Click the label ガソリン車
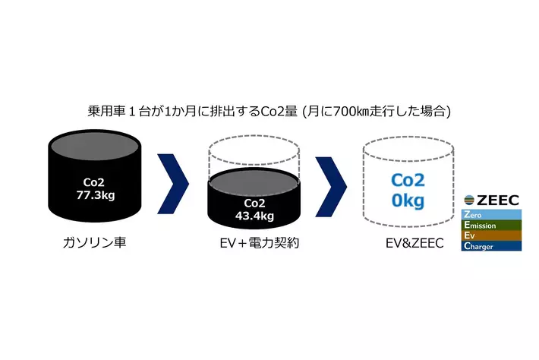95,245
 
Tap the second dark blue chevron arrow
331,184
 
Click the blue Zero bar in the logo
491,215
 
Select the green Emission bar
491,226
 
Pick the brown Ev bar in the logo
491,235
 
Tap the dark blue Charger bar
491,246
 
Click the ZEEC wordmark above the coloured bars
496,201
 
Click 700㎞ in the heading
349,111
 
